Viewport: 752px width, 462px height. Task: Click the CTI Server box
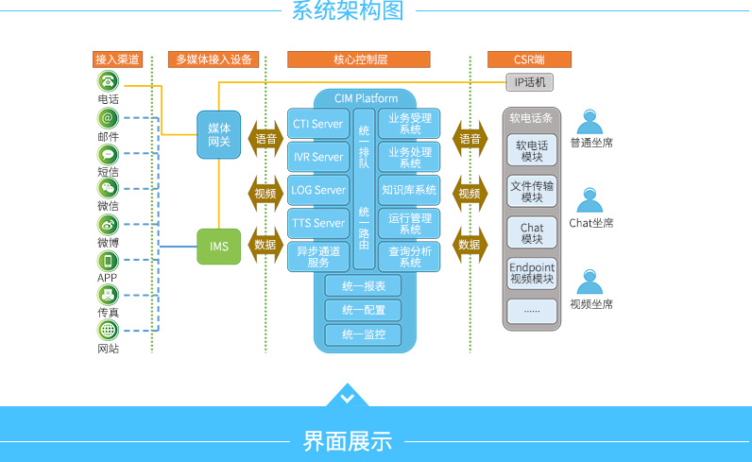317,124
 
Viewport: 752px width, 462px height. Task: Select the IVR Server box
317,157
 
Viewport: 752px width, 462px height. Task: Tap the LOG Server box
317,190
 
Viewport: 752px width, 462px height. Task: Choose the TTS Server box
317,223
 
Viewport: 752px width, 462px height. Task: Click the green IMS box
219,247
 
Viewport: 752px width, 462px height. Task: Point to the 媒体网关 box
219,134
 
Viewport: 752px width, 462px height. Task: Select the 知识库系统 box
409,190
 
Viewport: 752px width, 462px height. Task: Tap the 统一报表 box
363,285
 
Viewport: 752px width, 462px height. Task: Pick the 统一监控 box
363,334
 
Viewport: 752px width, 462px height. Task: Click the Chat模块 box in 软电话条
532,233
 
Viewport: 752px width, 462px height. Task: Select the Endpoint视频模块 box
532,273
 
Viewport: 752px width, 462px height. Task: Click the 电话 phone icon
108,82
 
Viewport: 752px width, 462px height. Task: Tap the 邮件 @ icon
108,118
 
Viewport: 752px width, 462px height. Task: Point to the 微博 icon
108,225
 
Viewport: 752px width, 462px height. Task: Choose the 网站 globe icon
108,331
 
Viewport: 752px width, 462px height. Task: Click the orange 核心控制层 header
361,60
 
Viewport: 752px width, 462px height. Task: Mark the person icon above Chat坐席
591,201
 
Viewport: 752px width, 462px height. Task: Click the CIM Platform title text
366,98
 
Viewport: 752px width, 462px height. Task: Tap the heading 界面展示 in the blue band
347,440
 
